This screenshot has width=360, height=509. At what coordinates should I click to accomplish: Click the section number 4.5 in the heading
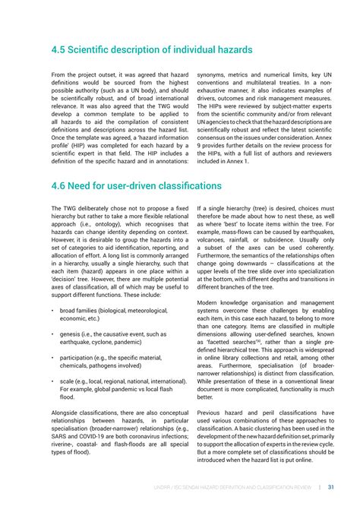point(61,51)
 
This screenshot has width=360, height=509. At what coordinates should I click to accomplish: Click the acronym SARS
point(61,435)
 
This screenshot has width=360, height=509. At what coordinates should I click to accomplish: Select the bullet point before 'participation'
point(52,356)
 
